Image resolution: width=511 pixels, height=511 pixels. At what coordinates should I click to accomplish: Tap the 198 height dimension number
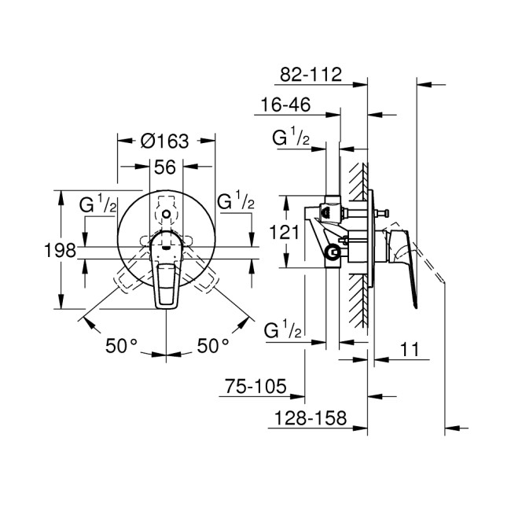[x=60, y=251]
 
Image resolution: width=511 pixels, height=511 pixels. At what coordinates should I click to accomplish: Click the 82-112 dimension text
[x=311, y=75]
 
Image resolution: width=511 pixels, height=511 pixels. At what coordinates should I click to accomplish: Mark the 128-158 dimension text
[x=309, y=420]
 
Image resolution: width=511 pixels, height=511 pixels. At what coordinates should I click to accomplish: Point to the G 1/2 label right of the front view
[x=235, y=201]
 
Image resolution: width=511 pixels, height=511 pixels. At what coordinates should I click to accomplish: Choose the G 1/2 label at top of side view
[x=290, y=140]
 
